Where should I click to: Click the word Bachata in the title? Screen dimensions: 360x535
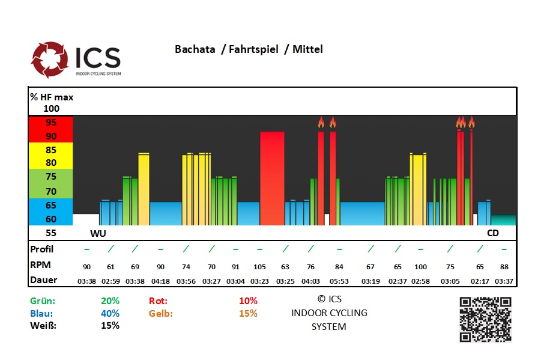[x=195, y=49]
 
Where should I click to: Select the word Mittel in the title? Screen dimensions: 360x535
[x=307, y=49]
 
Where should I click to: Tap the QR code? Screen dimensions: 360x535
[x=485, y=319]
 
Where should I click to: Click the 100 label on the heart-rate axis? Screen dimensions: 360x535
[x=52, y=109]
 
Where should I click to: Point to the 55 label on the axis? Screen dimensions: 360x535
[x=51, y=233]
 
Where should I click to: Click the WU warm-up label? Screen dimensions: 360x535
[x=97, y=233]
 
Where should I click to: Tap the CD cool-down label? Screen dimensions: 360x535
[x=493, y=233]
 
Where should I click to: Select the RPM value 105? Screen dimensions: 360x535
[x=259, y=266]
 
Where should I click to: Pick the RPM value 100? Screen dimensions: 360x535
[x=420, y=266]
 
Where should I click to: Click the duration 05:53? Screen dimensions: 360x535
[x=339, y=280]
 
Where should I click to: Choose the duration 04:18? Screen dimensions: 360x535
[x=160, y=280]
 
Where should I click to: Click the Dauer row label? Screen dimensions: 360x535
[x=43, y=279]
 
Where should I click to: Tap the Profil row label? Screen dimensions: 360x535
[x=42, y=249]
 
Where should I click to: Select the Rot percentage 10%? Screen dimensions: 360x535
[x=248, y=301]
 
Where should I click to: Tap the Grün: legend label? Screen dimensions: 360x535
[x=43, y=301]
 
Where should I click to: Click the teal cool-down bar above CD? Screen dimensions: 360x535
[x=503, y=220]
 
